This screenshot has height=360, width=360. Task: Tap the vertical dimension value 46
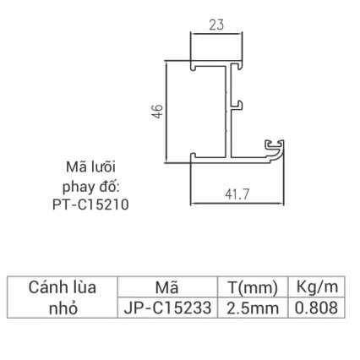(156, 111)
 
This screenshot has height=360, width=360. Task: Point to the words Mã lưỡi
(93, 166)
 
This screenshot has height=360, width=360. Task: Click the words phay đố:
(93, 184)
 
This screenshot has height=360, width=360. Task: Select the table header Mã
(166, 287)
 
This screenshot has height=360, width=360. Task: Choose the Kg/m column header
(318, 287)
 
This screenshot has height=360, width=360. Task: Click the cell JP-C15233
(166, 308)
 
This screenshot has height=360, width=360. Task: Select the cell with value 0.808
(318, 308)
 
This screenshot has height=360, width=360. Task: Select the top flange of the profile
(218, 64)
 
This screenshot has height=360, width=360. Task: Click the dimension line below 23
(218, 37)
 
